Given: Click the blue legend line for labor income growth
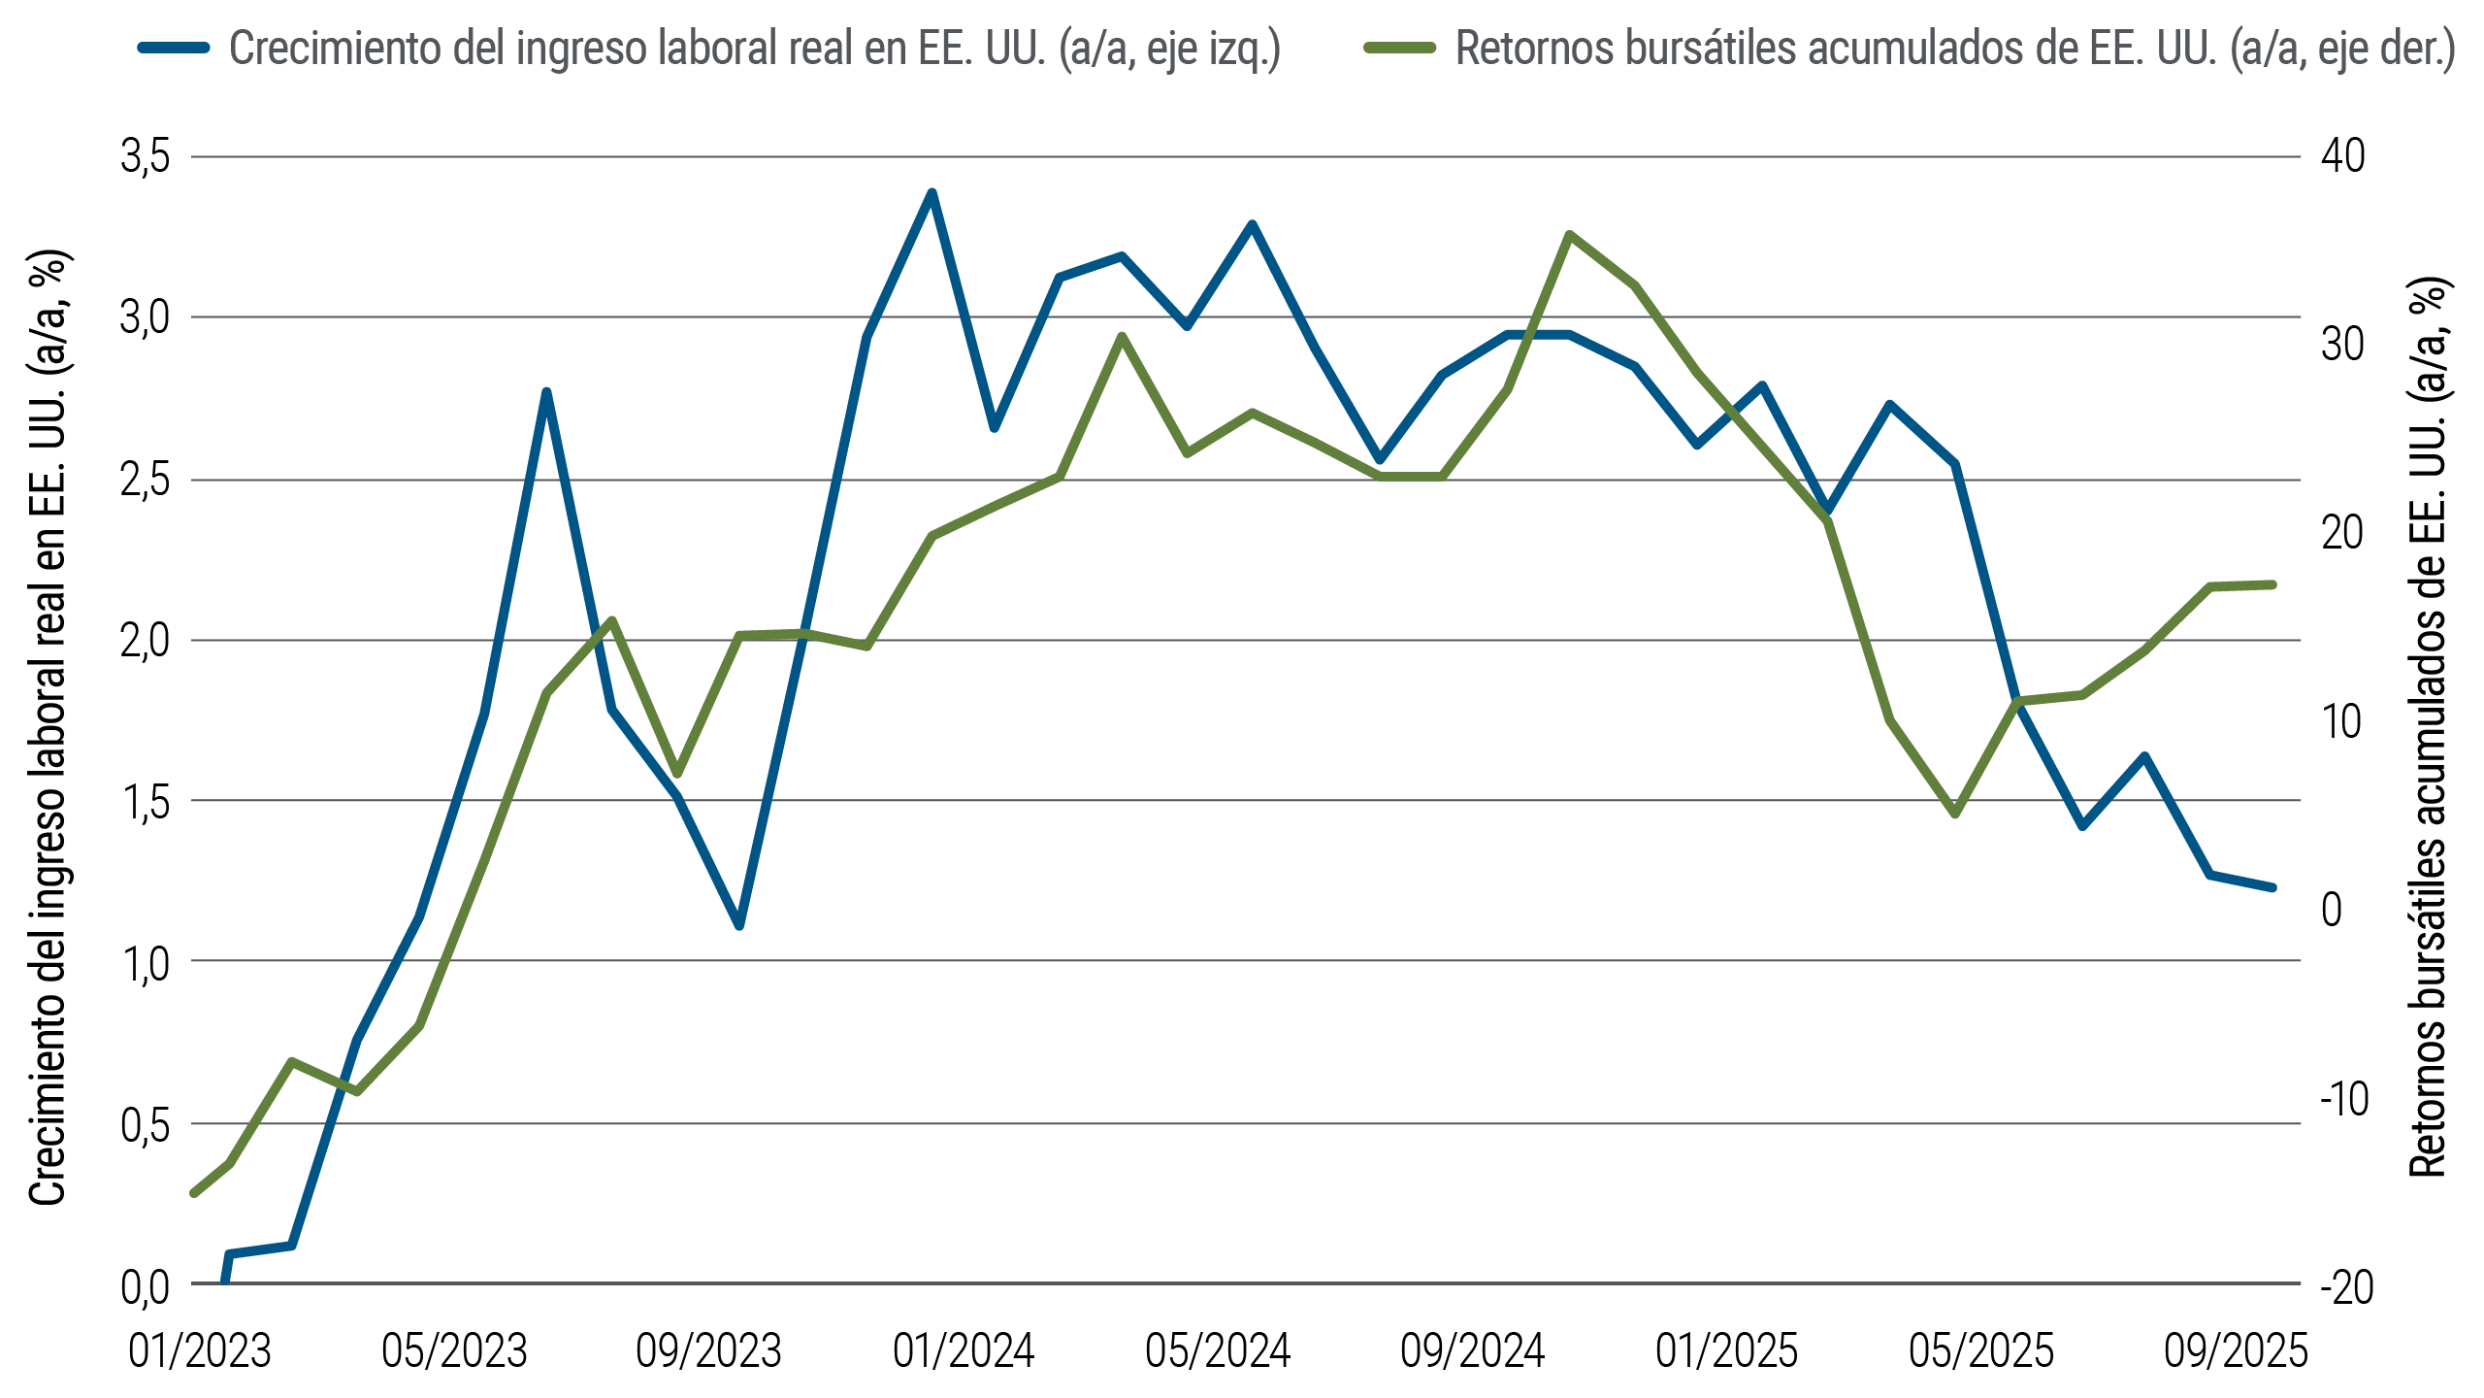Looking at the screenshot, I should point(175,48).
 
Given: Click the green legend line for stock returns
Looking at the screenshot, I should point(1399,48).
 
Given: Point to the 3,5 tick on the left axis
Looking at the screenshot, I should point(146,156).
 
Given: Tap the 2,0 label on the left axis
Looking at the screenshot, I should point(146,641).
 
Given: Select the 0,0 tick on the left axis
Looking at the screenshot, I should point(146,1286).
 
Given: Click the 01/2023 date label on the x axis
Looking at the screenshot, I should point(200,1350).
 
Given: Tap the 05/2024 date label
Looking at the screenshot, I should point(1218,1350).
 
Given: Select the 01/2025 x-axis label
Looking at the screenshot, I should point(1727,1350).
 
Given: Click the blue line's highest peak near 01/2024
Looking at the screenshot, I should point(931,192).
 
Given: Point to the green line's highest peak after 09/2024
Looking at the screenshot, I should point(1569,234).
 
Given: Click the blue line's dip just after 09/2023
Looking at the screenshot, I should point(739,926).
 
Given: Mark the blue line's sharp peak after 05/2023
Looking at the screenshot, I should point(546,391).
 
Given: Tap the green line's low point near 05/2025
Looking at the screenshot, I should point(1955,814).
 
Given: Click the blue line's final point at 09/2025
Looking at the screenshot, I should point(2272,887).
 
